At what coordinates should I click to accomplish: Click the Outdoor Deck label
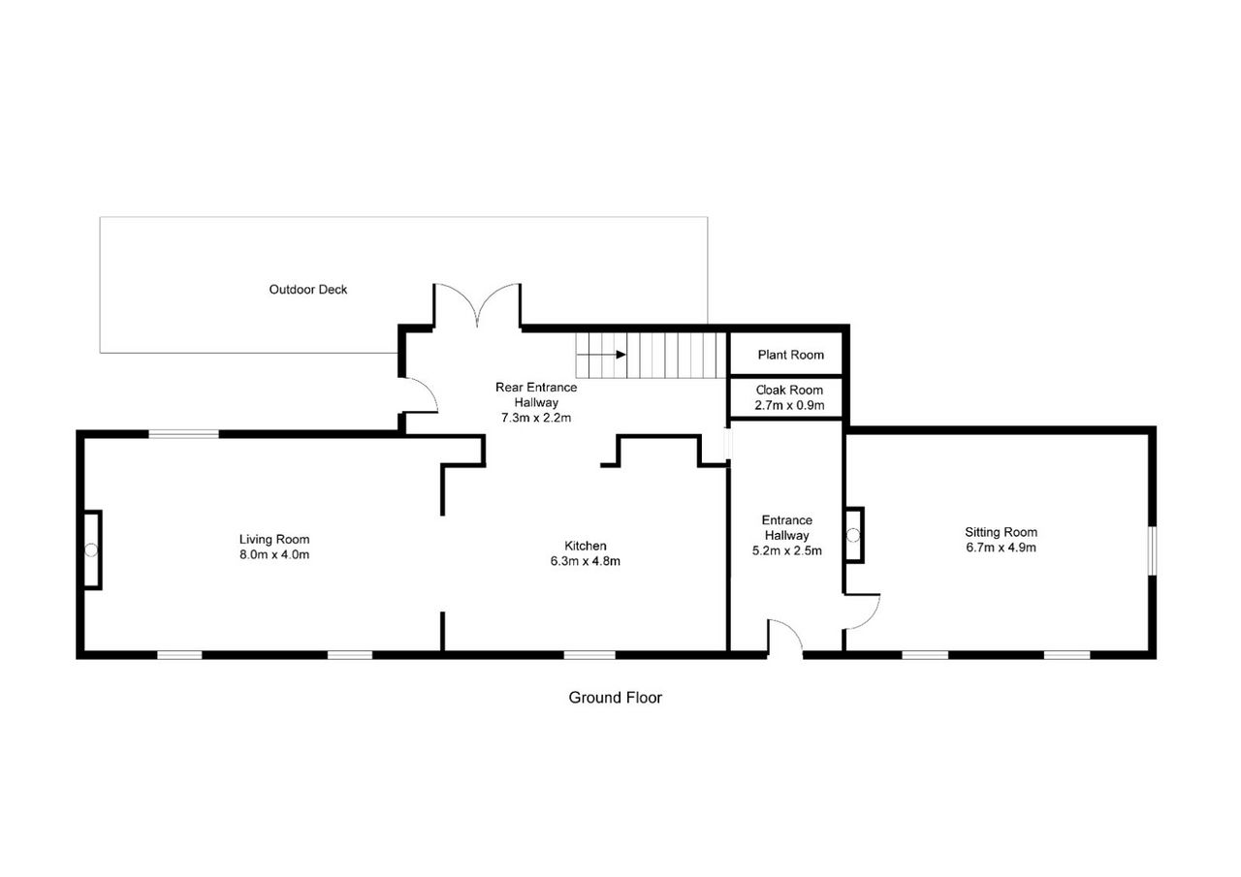coord(308,290)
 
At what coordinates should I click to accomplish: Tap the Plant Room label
coord(790,355)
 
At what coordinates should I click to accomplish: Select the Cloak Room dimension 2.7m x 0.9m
coord(789,405)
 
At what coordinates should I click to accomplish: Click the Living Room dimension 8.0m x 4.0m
coord(274,554)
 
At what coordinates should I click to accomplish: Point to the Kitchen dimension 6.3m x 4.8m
coord(585,561)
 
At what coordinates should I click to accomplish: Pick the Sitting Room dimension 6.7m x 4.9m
coord(1002,548)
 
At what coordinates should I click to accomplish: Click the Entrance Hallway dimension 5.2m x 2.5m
coord(786,550)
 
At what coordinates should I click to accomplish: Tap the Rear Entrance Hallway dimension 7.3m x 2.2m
coord(536,418)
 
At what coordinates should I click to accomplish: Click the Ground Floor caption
coord(615,698)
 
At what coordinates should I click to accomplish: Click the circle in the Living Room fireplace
coord(91,550)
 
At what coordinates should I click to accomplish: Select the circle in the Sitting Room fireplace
coord(853,535)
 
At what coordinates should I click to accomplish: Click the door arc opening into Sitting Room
coord(871,620)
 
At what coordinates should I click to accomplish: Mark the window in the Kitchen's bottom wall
coord(589,655)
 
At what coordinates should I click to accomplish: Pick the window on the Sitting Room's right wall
coord(1153,550)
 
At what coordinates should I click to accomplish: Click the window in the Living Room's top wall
coord(184,434)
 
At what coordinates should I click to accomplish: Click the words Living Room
coord(274,539)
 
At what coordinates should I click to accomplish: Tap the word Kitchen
coord(585,546)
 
